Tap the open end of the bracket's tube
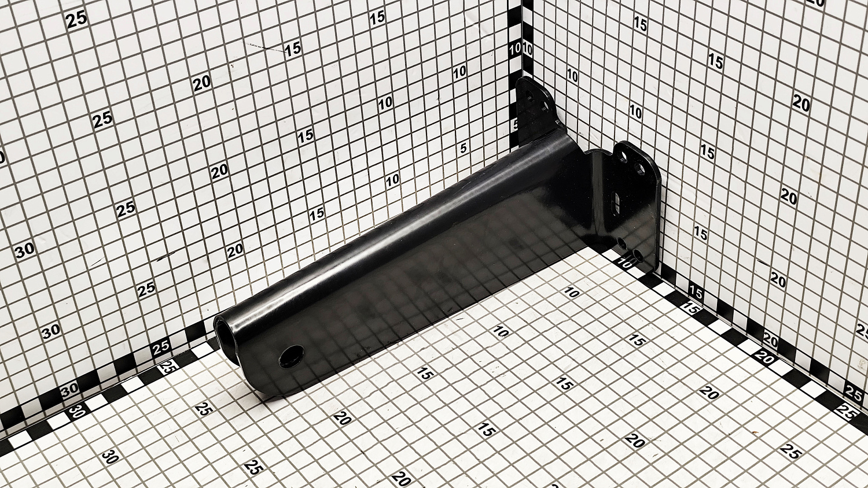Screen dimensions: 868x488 [225, 330]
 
